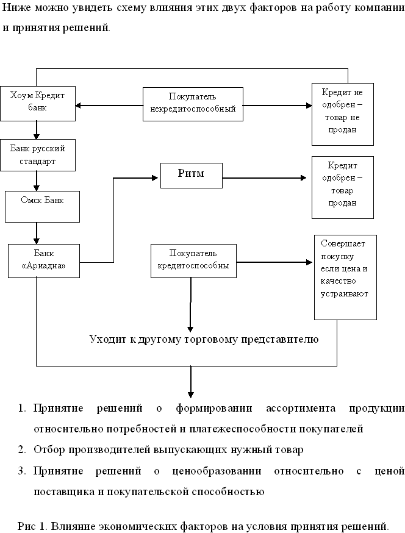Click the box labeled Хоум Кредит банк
coord(37,103)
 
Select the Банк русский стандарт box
coord(37,155)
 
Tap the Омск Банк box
coord(42,207)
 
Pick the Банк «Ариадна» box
coord(44,261)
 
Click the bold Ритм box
coord(192,176)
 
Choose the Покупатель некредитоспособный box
coord(193,104)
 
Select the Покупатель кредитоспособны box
coord(193,261)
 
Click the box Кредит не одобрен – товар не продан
coord(343,114)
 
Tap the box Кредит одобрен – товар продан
coord(343,187)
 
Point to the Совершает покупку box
coord(345,277)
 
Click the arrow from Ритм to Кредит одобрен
coord(264,178)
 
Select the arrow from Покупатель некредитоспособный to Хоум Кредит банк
coord(109,106)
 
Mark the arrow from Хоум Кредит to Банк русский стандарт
coord(37,130)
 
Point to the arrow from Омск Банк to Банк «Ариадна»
coord(37,233)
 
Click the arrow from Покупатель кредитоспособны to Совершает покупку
coord(274,262)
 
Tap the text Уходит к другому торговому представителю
coord(204,339)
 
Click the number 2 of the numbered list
coord(21,449)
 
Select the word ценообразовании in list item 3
coord(217,471)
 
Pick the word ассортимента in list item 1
coord(301,408)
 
